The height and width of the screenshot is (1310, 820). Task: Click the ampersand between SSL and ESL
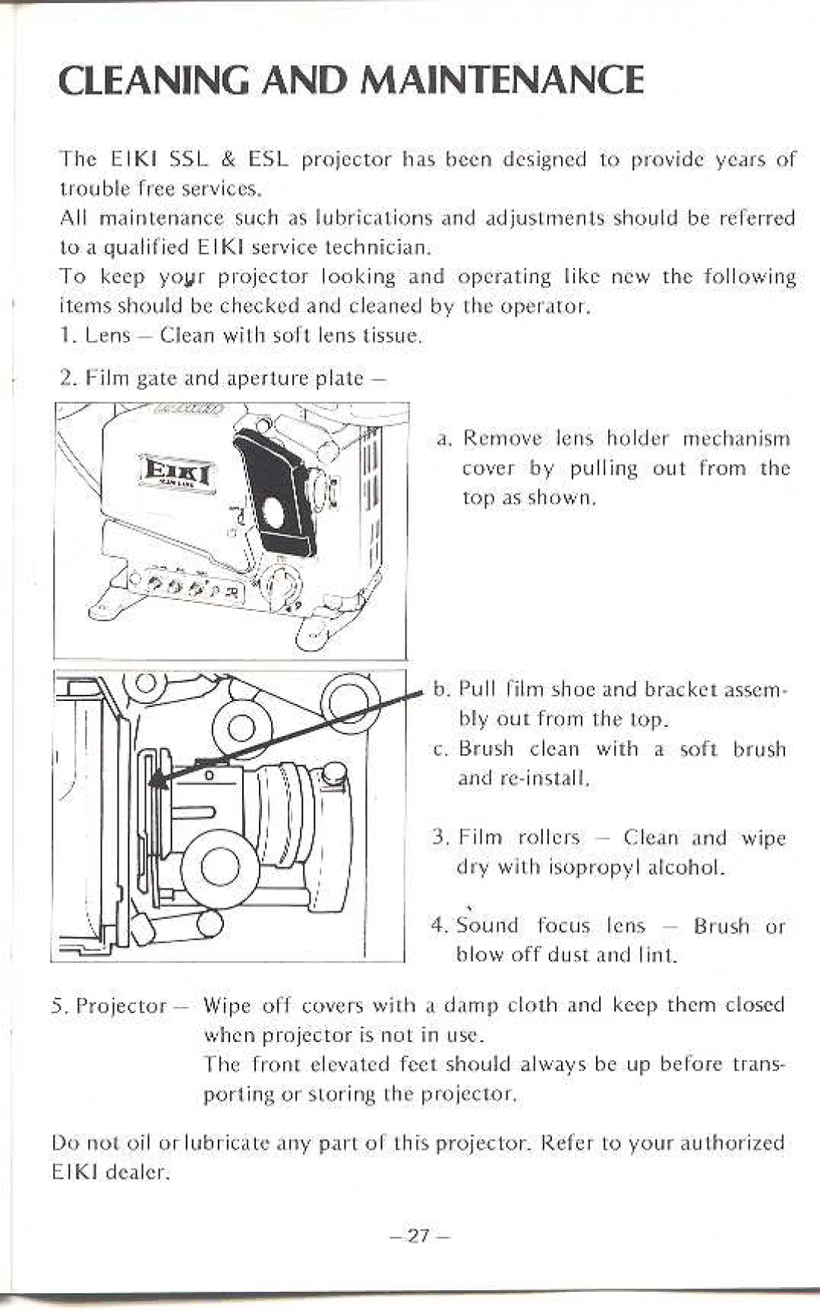pyautogui.click(x=228, y=159)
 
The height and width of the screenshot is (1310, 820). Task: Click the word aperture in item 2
pyautogui.click(x=267, y=378)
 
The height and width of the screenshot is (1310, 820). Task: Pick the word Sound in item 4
pyautogui.click(x=487, y=926)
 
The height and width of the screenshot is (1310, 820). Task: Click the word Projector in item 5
pyautogui.click(x=121, y=1006)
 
